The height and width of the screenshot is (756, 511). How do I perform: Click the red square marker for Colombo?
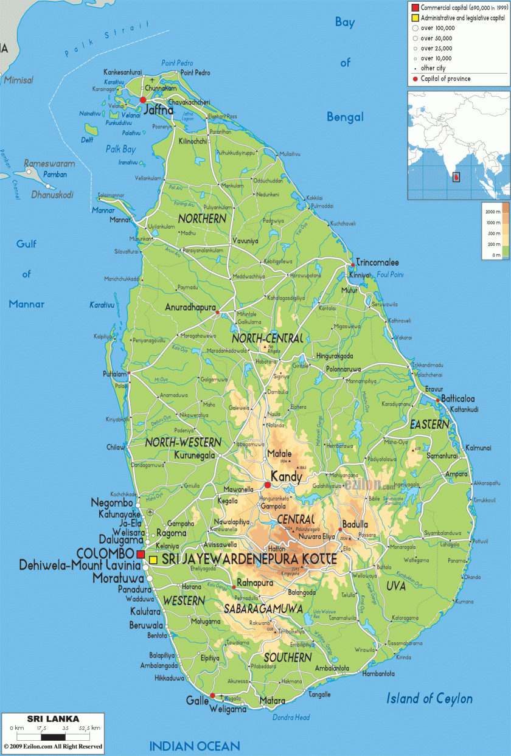click(141, 555)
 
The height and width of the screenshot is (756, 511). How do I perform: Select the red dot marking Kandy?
click(268, 485)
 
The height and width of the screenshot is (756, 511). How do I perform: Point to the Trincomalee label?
click(377, 263)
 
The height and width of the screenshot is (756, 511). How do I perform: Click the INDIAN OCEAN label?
click(195, 746)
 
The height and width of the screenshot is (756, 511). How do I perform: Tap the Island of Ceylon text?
click(429, 699)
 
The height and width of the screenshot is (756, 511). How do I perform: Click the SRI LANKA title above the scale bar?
click(53, 718)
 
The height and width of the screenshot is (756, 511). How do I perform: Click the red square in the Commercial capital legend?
click(415, 7)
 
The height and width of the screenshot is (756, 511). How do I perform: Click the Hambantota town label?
click(378, 674)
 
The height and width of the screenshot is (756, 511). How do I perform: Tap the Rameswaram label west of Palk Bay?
click(49, 164)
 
